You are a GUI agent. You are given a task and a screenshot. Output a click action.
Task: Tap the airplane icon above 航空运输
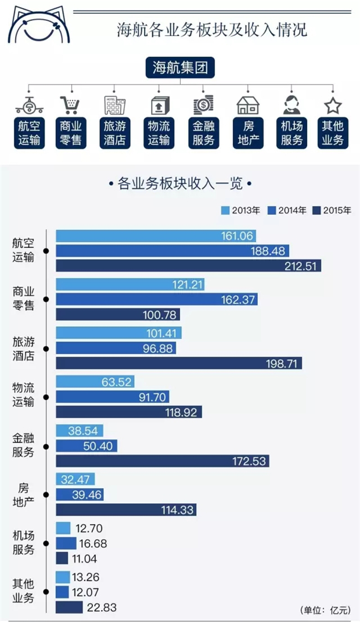click(29, 105)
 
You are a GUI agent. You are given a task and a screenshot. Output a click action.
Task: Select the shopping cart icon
click(71, 105)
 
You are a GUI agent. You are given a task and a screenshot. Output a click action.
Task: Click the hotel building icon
click(115, 105)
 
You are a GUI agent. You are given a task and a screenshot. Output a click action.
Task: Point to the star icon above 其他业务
click(332, 106)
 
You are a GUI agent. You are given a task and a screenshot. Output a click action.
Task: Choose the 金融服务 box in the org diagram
click(203, 133)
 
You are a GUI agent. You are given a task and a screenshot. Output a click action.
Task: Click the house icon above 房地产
click(248, 106)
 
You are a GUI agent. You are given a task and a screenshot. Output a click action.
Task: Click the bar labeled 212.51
click(188, 265)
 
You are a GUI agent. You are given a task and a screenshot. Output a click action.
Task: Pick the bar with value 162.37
click(157, 299)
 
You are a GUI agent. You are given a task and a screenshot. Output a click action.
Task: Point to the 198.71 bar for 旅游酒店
click(179, 363)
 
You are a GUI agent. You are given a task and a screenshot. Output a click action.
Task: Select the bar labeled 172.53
click(163, 461)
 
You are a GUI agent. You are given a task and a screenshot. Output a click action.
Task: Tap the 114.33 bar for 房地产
click(126, 510)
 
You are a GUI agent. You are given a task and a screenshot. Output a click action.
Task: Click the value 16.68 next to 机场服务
click(93, 543)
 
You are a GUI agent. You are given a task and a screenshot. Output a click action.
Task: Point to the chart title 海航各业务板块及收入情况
click(212, 30)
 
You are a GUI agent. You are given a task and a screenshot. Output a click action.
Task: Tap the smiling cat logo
click(39, 25)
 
